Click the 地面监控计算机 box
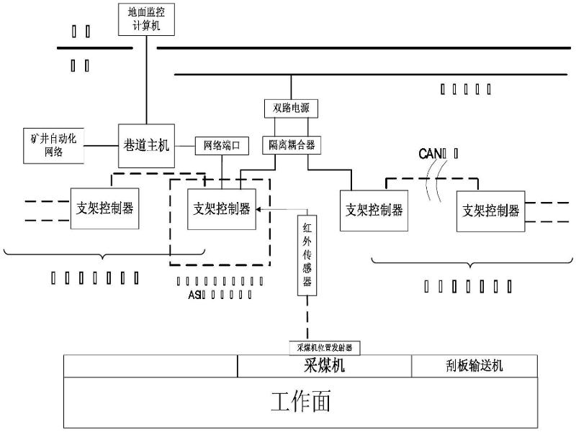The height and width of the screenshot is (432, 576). [x=146, y=18]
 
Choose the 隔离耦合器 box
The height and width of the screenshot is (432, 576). [x=291, y=144]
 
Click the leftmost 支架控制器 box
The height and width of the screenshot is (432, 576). [x=104, y=208]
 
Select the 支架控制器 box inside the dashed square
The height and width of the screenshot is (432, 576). [x=222, y=208]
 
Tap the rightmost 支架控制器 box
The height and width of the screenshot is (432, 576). [x=490, y=211]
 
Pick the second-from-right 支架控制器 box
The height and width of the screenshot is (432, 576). [x=374, y=210]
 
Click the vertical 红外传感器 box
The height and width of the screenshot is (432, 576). [x=307, y=255]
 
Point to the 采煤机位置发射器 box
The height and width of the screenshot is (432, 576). [x=325, y=347]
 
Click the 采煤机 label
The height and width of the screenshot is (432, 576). [x=325, y=366]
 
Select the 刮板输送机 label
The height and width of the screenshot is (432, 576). [x=474, y=366]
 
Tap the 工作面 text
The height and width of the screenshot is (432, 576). [x=301, y=401]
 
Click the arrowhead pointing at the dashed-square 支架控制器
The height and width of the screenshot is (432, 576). [x=261, y=209]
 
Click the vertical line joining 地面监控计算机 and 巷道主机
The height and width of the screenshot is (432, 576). [x=146, y=79]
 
